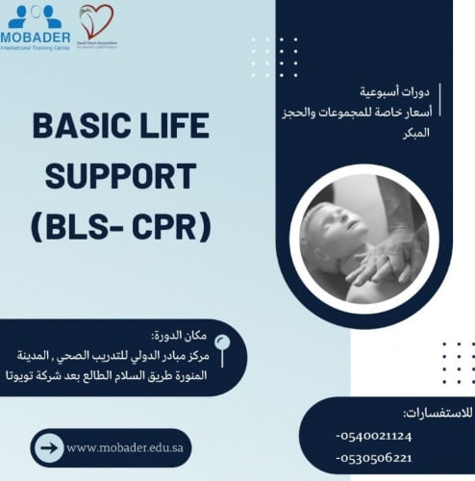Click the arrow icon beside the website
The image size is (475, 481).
click(x=50, y=447)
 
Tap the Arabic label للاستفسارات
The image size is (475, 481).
click(x=437, y=413)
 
